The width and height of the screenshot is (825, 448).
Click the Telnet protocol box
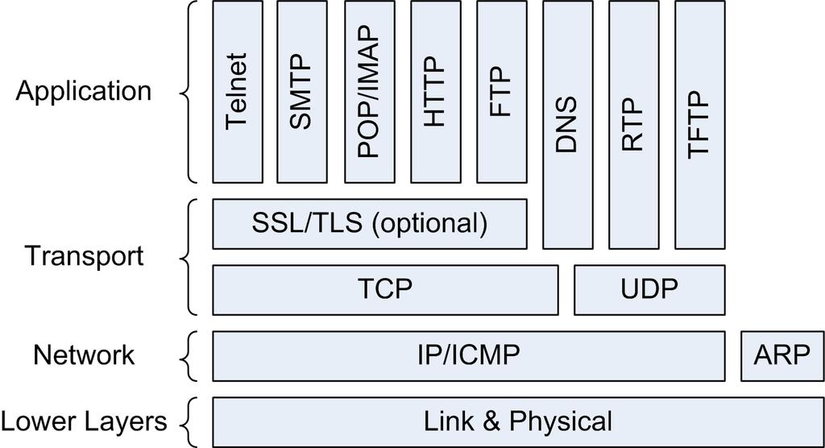[x=238, y=92]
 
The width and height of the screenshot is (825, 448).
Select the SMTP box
[x=301, y=92]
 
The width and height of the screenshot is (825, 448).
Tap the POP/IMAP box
[x=369, y=92]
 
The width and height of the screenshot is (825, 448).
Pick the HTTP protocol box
[x=436, y=92]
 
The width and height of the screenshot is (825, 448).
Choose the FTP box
[x=501, y=92]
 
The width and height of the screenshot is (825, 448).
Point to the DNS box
[x=568, y=125]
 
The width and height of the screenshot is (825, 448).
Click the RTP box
[x=633, y=125]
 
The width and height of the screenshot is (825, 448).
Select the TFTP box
[x=700, y=125]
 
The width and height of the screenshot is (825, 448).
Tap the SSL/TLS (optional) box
[x=369, y=224]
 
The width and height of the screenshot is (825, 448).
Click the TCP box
[x=385, y=290]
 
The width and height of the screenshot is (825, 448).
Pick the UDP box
[x=649, y=290]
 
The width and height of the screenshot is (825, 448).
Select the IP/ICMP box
[x=468, y=356]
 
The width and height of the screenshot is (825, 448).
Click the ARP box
[x=782, y=356]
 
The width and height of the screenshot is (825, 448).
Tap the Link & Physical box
[x=518, y=422]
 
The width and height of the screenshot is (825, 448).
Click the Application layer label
[x=84, y=92]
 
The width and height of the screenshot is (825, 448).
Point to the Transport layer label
[x=84, y=256]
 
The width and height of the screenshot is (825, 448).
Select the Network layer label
[x=84, y=355]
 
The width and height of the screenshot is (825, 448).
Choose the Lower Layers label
[x=84, y=421]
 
